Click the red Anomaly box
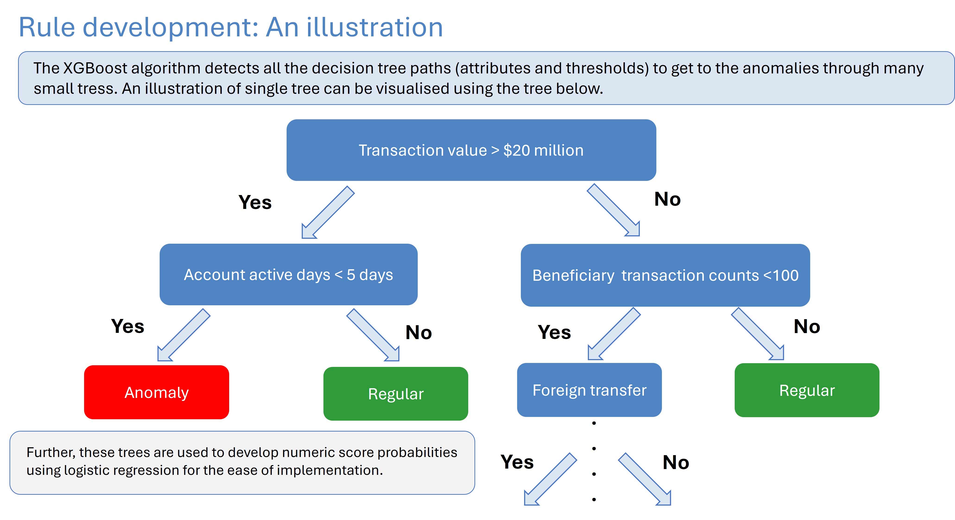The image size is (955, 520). (x=156, y=392)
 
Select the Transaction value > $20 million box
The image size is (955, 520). (x=471, y=150)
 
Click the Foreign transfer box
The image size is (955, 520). (x=589, y=390)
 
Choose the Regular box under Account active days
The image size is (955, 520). (x=395, y=394)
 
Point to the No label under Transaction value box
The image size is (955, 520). (x=667, y=199)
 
